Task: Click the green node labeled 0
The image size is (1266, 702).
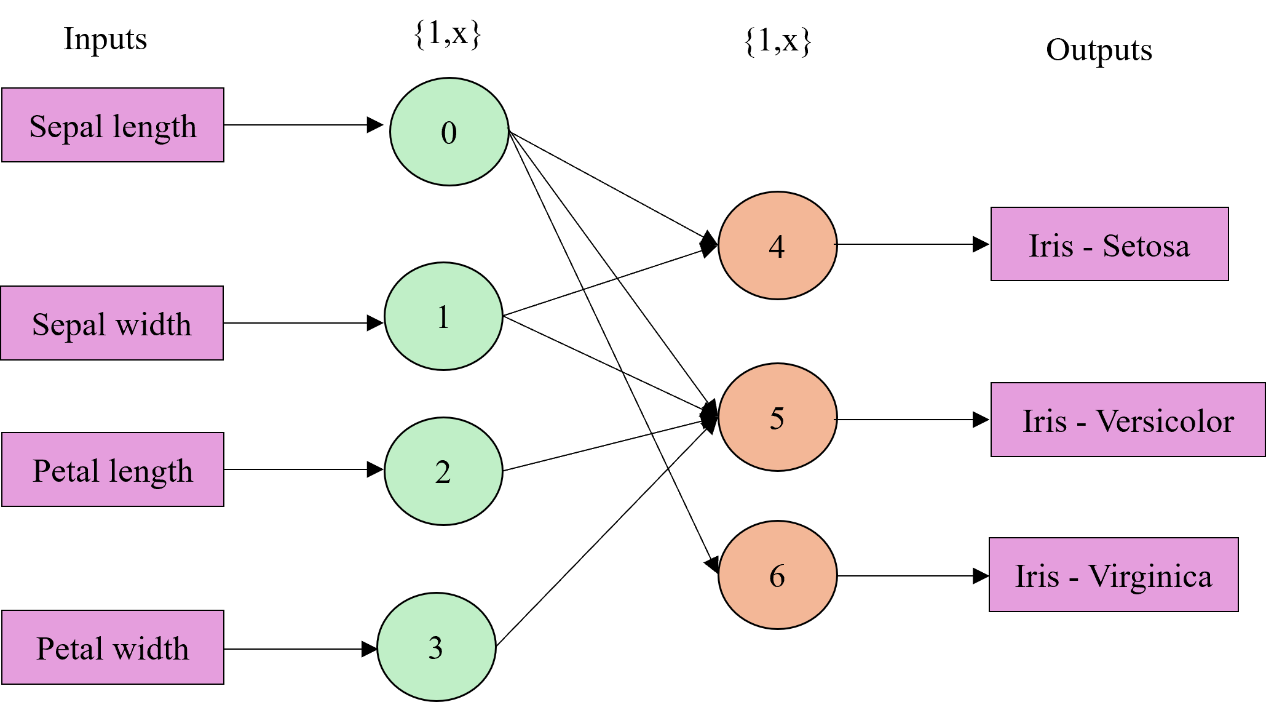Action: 449,132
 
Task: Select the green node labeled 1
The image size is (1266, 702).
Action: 443,316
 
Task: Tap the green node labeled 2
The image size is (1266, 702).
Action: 443,471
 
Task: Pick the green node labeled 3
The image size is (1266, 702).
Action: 436,647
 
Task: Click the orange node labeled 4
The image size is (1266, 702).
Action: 777,245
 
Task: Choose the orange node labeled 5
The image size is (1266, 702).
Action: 777,417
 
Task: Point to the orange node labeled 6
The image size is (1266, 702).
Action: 777,575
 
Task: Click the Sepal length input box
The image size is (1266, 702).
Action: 113,125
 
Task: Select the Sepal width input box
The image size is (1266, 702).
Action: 112,323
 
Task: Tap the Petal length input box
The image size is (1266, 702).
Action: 113,469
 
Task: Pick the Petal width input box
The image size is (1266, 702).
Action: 113,647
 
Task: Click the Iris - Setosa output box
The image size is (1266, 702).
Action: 1109,244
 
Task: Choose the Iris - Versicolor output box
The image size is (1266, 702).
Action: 1128,420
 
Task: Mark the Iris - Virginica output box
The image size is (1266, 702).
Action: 1113,575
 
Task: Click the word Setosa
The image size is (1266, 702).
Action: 1146,246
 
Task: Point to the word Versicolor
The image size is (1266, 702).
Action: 1165,421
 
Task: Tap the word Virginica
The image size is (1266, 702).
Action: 1150,577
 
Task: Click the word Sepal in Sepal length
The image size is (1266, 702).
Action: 66,127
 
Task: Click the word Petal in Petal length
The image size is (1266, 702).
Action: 66,471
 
